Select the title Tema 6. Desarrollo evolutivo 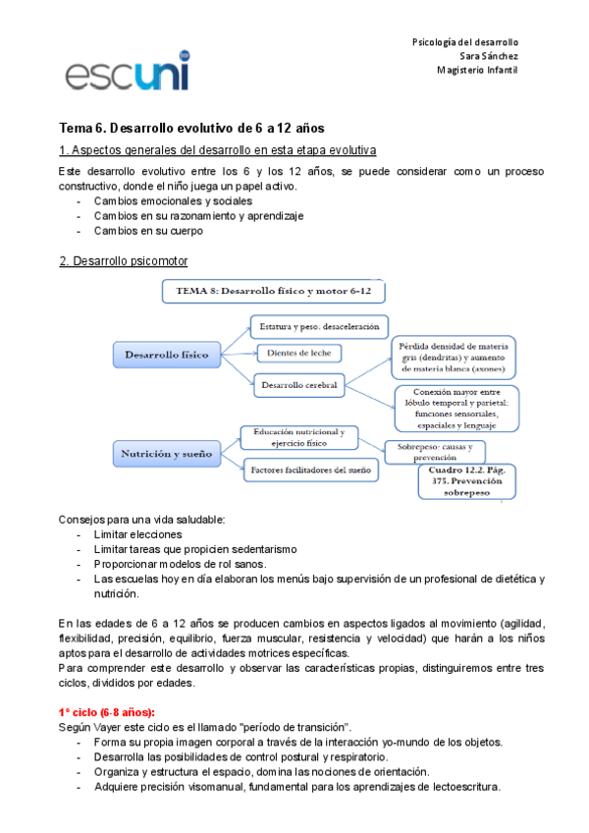tap(191, 129)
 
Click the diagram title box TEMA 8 tap(272, 292)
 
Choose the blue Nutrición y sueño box tap(167, 454)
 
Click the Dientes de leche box tap(298, 353)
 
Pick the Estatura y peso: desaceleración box tap(320, 325)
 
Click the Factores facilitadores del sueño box tap(311, 471)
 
